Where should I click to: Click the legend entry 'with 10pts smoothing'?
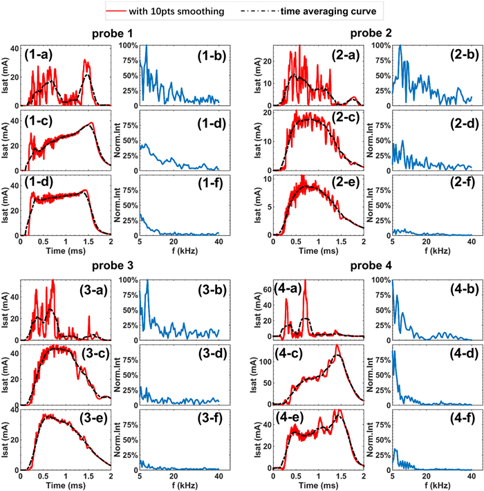tap(182, 10)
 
